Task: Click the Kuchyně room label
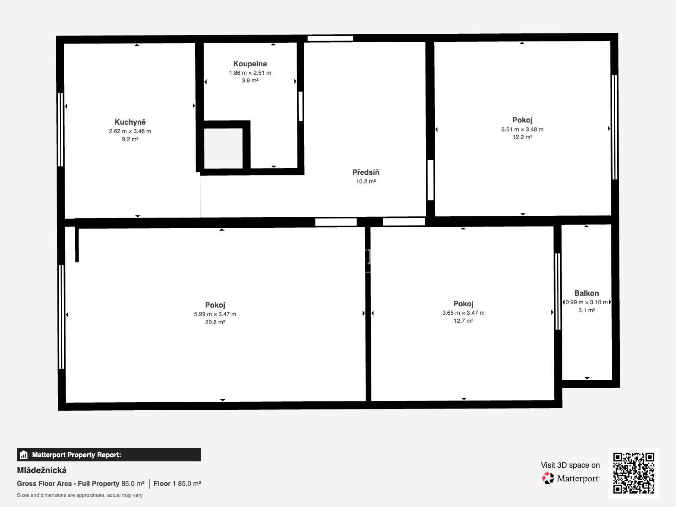pyautogui.click(x=130, y=122)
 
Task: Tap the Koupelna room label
pyautogui.click(x=250, y=64)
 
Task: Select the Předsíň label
pyautogui.click(x=365, y=172)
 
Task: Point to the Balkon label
pyautogui.click(x=586, y=293)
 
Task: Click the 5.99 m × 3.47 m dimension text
pyautogui.click(x=215, y=314)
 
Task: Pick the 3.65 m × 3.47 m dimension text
pyautogui.click(x=463, y=313)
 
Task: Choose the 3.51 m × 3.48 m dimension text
pyautogui.click(x=522, y=129)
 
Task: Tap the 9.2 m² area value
pyautogui.click(x=130, y=139)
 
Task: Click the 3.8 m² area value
pyautogui.click(x=250, y=81)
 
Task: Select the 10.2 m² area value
pyautogui.click(x=365, y=181)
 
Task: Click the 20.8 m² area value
pyautogui.click(x=215, y=322)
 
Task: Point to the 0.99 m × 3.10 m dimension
pyautogui.click(x=586, y=302)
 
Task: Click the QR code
pyautogui.click(x=633, y=473)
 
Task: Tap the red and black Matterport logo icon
pyautogui.click(x=548, y=478)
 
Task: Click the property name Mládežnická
pyautogui.click(x=41, y=470)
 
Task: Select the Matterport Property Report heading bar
pyautogui.click(x=109, y=454)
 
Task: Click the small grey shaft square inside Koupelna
pyautogui.click(x=223, y=148)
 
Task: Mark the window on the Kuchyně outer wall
pyautogui.click(x=61, y=130)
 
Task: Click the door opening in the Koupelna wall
pyautogui.click(x=300, y=106)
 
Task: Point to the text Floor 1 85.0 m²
pyautogui.click(x=177, y=483)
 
